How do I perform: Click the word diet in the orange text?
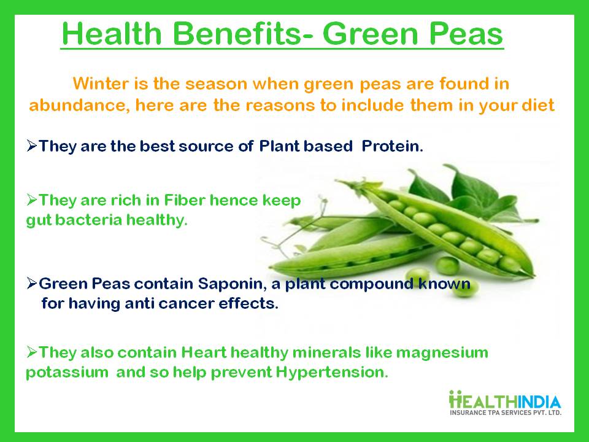point(541,105)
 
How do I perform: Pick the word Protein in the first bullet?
point(392,147)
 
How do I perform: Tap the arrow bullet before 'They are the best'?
point(32,147)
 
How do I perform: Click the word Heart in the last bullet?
point(201,352)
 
